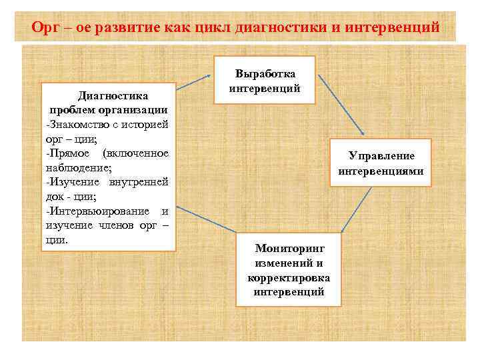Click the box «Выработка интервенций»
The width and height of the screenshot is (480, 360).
pyautogui.click(x=264, y=80)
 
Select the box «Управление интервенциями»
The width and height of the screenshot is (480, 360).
pyautogui.click(x=381, y=163)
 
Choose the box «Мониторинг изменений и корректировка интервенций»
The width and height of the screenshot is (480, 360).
pyautogui.click(x=289, y=269)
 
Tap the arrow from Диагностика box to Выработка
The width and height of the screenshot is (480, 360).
pyautogui.click(x=194, y=81)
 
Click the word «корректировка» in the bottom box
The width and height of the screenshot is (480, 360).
pyautogui.click(x=289, y=278)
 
